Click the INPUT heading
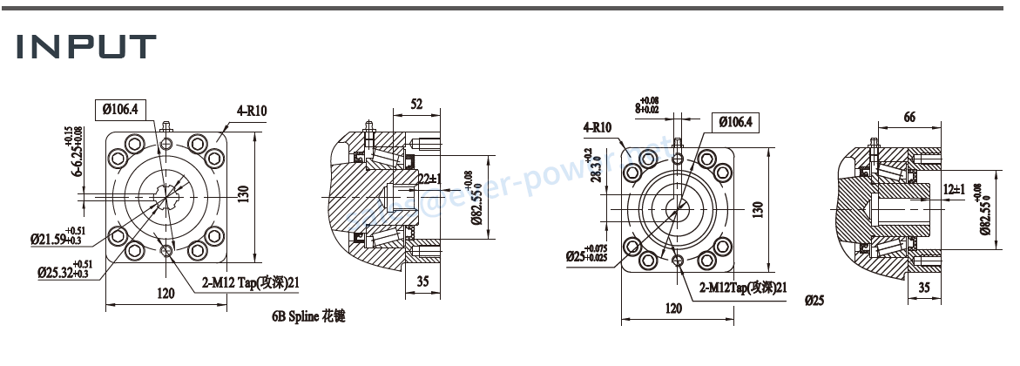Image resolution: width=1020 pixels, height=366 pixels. [x=86, y=46]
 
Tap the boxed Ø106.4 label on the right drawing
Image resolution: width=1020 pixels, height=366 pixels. [x=736, y=122]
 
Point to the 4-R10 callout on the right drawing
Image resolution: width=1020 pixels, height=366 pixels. [x=598, y=128]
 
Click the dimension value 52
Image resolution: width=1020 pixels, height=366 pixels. [x=416, y=105]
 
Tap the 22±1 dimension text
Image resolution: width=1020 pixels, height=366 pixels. [x=429, y=178]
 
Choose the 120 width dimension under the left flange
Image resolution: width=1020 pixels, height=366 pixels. [x=165, y=294]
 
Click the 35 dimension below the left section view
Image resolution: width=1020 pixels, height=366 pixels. [x=422, y=281]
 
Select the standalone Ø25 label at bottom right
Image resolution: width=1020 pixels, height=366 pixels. [x=814, y=301]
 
